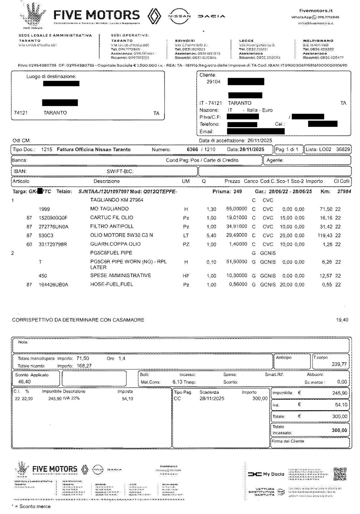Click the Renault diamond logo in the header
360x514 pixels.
tap(154, 16)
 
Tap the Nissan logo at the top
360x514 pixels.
tap(179, 16)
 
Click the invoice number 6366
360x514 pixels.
tap(192, 149)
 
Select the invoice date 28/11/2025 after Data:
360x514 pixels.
tap(252, 149)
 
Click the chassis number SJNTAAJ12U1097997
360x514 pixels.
tap(103, 192)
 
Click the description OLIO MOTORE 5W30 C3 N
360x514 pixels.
tap(121, 235)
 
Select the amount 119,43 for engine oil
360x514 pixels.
tap(325, 235)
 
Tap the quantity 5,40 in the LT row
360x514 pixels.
tap(211, 236)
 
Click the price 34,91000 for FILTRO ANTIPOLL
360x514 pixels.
tap(237, 226)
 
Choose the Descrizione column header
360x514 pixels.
tap(107, 181)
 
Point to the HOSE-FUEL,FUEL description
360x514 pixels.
tap(112, 284)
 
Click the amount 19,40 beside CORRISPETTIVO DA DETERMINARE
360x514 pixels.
tap(342, 320)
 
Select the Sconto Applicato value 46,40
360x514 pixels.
tap(24, 382)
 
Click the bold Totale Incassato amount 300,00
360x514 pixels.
tap(339, 430)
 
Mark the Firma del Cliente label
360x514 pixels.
tap(288, 441)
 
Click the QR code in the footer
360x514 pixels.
tap(340, 474)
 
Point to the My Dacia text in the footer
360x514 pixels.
tap(273, 474)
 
